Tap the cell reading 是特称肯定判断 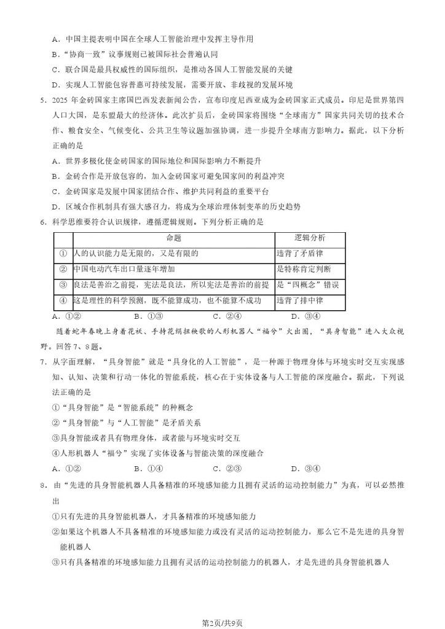304,269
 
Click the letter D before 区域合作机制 55,206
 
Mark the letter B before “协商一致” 55,54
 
